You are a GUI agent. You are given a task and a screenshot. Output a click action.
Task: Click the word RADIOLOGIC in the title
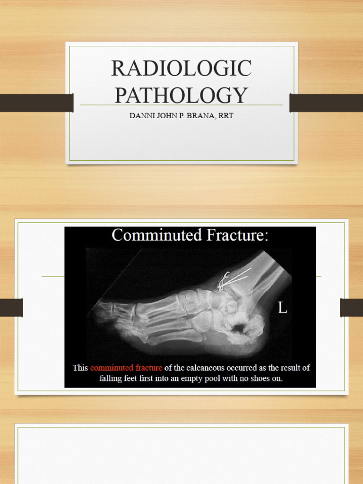pyautogui.click(x=181, y=69)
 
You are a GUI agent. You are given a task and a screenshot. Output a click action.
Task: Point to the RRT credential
pyautogui.click(x=225, y=116)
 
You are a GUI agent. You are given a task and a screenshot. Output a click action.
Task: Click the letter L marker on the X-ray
pyautogui.click(x=282, y=309)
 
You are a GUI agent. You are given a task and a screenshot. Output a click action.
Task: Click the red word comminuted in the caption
pyautogui.click(x=112, y=368)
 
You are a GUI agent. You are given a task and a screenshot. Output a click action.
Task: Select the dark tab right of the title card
pyautogui.click(x=326, y=103)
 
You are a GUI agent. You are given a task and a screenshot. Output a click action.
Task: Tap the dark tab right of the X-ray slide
pyautogui.click(x=351, y=308)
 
